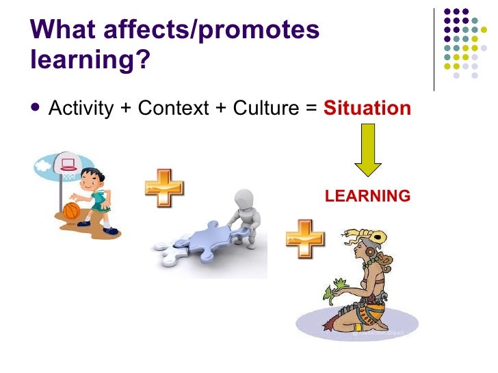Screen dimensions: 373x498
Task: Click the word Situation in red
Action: point(367,109)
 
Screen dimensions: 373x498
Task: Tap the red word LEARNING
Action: point(367,196)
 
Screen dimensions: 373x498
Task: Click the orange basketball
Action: point(72,209)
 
